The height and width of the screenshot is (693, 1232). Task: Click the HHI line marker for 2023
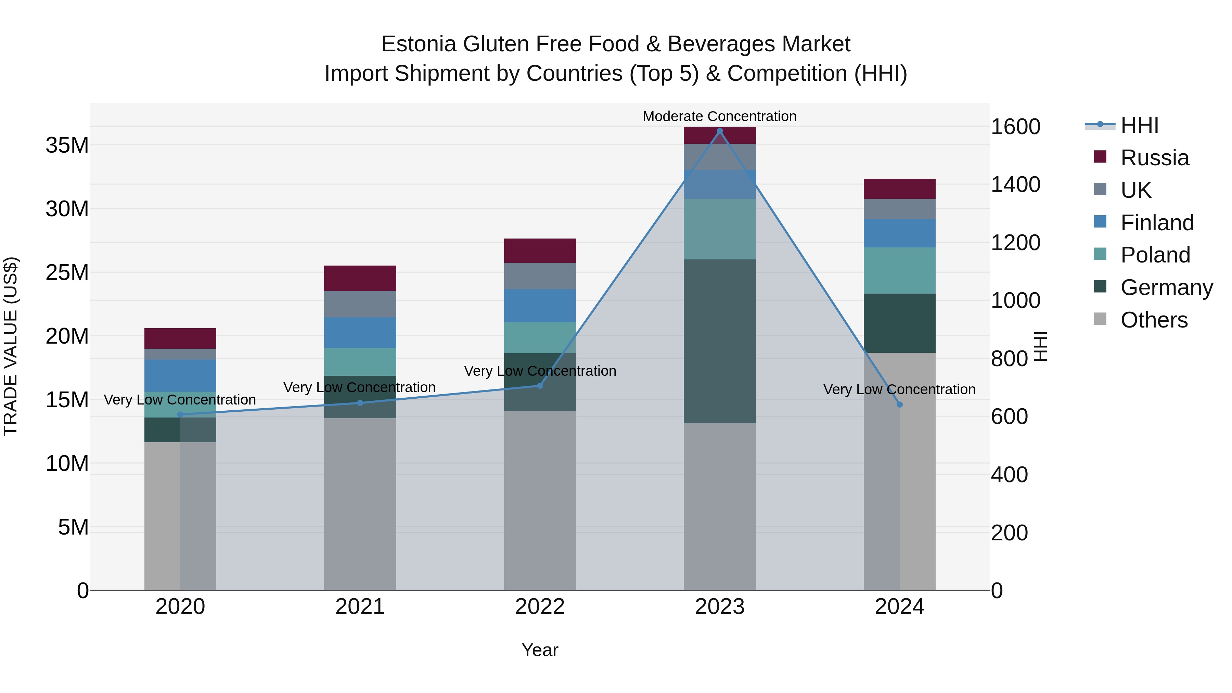(720, 131)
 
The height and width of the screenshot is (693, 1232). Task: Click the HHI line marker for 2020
(180, 415)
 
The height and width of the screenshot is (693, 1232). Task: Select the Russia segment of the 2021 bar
(360, 278)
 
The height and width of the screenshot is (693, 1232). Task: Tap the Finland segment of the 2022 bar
(540, 306)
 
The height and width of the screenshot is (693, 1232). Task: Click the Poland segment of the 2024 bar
(900, 270)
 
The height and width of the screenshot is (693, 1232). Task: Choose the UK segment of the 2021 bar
(360, 304)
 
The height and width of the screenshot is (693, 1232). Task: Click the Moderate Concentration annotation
(719, 116)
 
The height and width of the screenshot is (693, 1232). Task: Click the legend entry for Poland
(1155, 255)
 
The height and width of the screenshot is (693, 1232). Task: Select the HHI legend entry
(1139, 125)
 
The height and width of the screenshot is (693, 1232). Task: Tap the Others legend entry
(1154, 320)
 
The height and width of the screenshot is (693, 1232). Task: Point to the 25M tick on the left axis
(67, 273)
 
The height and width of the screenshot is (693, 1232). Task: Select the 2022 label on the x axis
(540, 607)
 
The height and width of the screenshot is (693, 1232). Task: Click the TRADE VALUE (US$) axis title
(11, 346)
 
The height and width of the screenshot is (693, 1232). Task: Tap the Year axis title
(540, 650)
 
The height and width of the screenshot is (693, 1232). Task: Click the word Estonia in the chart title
(419, 44)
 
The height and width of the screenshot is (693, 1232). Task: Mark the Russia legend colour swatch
(1100, 157)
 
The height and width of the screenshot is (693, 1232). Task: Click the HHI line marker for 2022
(540, 385)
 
